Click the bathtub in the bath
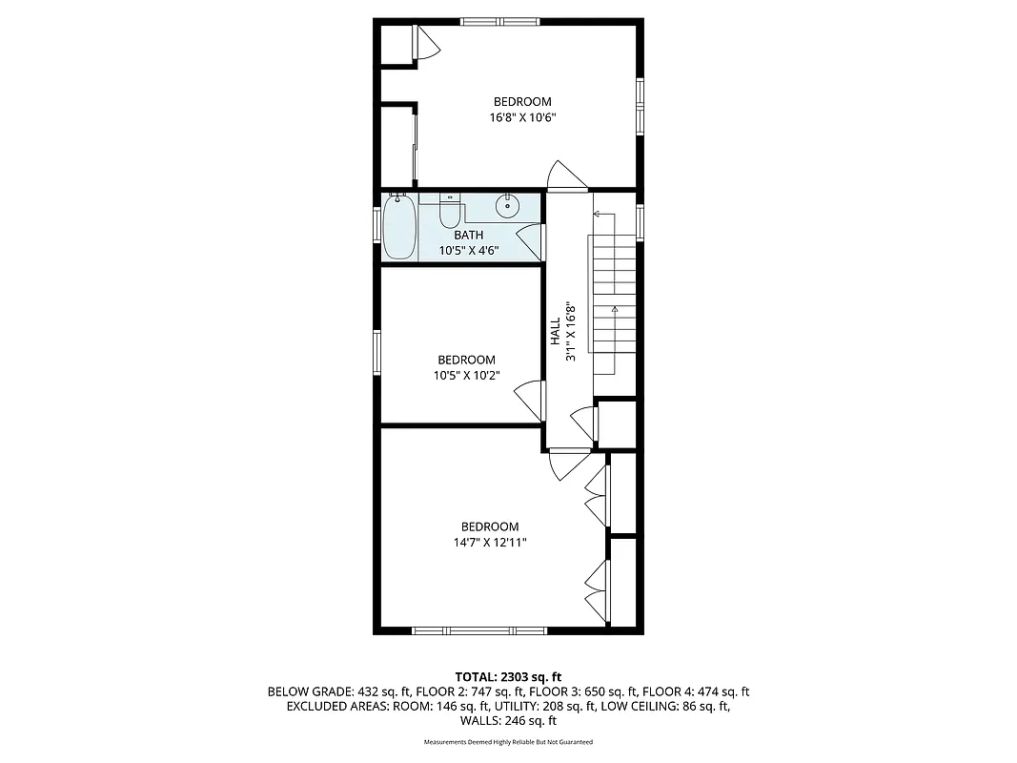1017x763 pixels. click(x=399, y=226)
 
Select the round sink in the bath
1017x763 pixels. click(x=509, y=203)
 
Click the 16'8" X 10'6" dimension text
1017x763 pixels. click(x=521, y=118)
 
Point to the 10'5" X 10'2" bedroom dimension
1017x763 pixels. click(x=467, y=375)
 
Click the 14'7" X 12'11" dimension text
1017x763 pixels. click(x=490, y=542)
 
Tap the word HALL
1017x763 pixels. click(x=555, y=331)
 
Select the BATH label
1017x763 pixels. click(x=468, y=236)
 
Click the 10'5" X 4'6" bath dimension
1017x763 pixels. click(x=468, y=251)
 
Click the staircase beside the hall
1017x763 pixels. click(x=615, y=296)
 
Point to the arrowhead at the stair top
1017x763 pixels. click(x=596, y=215)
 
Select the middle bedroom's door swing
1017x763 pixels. click(x=527, y=398)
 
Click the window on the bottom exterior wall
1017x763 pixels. click(x=478, y=629)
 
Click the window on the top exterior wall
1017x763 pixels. click(x=499, y=21)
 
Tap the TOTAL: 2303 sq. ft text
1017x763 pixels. click(x=508, y=675)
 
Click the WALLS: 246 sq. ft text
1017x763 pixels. click(x=508, y=722)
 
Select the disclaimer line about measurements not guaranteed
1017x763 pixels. click(x=508, y=742)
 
